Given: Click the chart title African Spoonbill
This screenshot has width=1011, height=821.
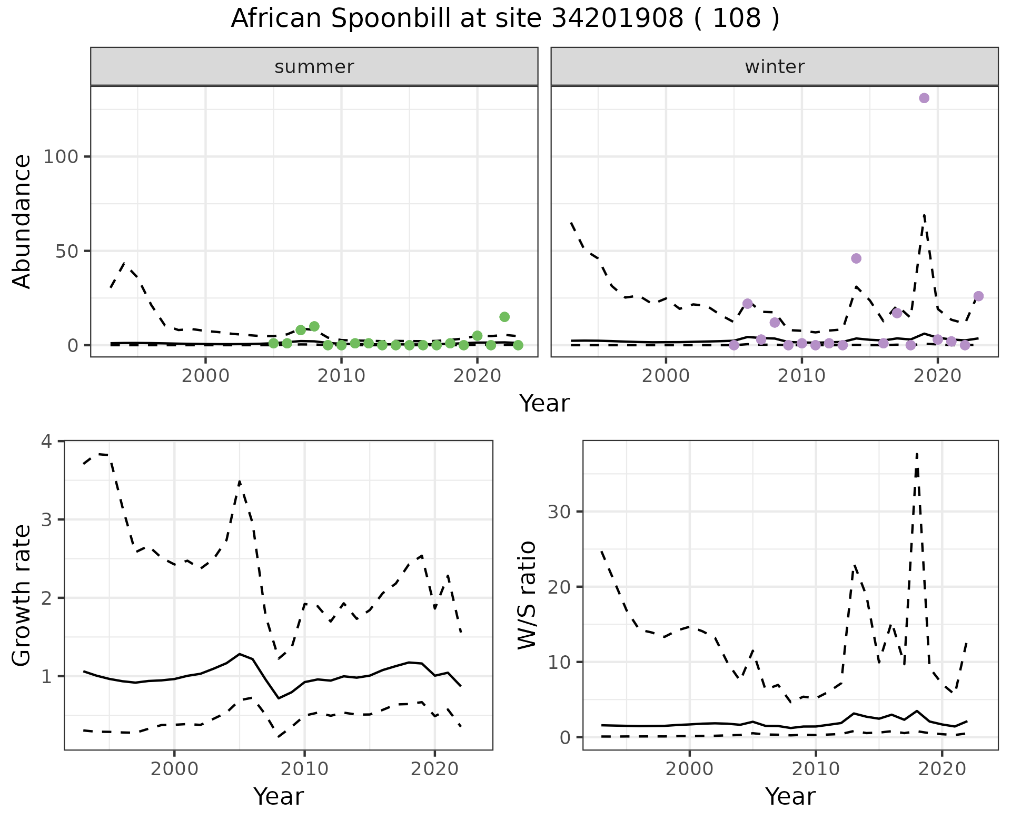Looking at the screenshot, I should [x=504, y=19].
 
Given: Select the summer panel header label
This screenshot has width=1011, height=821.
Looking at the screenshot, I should [x=314, y=67].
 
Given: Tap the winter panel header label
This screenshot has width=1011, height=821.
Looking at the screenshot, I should [x=775, y=67].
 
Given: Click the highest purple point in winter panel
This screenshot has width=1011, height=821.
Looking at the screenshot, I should [x=924, y=98].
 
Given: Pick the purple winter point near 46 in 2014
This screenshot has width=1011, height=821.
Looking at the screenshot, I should [x=856, y=258].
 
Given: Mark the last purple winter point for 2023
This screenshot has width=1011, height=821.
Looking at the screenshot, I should [x=978, y=296].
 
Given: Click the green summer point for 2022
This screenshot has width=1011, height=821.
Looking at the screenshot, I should [x=504, y=317].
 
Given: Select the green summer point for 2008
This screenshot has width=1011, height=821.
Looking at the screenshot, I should [x=314, y=326].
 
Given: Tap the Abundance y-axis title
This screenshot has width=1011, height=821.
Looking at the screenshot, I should [x=22, y=222].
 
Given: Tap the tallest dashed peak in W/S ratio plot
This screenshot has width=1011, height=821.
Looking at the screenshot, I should [x=917, y=454].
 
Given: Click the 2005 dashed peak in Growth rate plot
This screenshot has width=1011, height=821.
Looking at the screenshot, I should [x=240, y=481].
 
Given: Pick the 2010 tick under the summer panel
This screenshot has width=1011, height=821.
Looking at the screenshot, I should [x=342, y=376].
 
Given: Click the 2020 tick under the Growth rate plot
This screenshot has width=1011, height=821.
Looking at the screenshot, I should [x=434, y=769].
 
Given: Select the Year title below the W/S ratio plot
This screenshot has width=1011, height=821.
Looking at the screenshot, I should [x=790, y=797].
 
